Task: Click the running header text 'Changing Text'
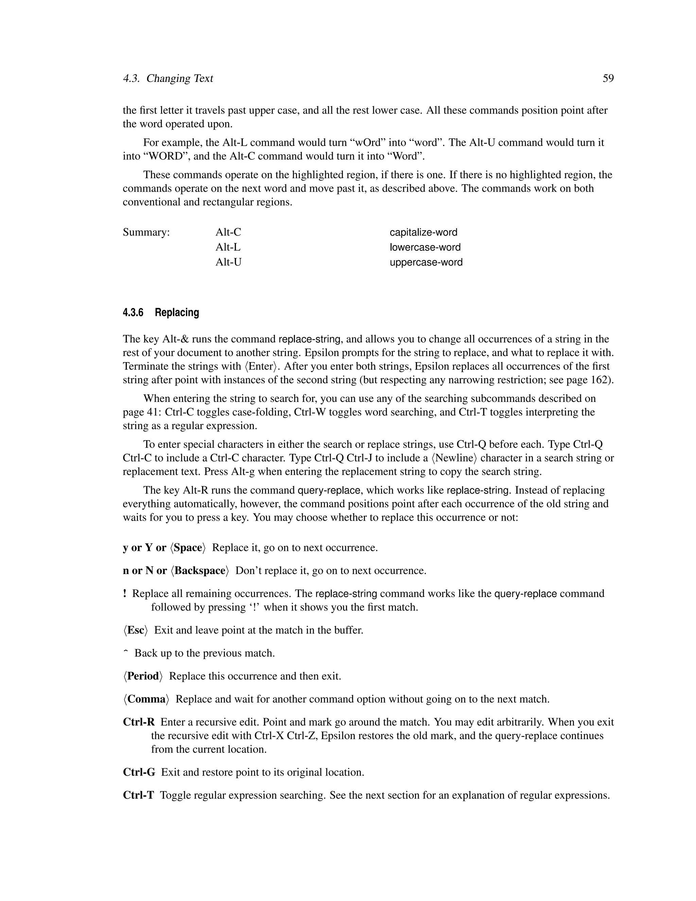point(179,79)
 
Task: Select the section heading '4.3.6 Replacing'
point(161,312)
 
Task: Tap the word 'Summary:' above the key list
point(146,232)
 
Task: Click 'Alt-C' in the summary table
point(228,232)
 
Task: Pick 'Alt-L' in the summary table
point(228,247)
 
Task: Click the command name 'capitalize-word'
point(423,232)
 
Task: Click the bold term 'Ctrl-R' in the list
point(139,722)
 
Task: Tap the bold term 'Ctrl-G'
point(139,772)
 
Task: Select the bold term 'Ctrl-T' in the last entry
point(138,795)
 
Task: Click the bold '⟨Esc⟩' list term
point(135,630)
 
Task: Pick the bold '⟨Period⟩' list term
point(143,676)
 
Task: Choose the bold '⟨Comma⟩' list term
point(146,699)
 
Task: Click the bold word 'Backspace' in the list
point(199,571)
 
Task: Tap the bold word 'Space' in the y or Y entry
point(188,547)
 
